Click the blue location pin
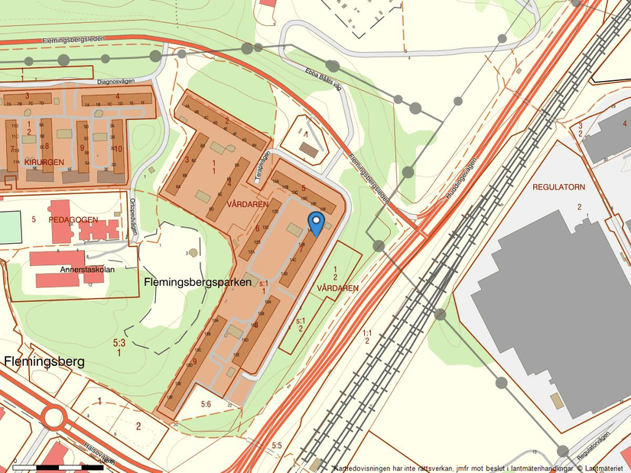pos(315,223)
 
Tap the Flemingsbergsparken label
pos(197,282)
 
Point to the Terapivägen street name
pos(263,163)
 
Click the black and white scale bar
pos(58,466)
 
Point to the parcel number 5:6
pos(206,403)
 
